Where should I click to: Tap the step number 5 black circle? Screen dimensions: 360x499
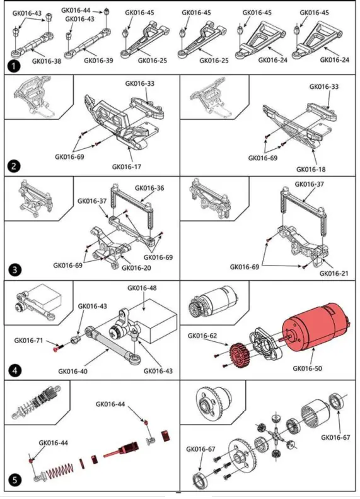click(x=15, y=479)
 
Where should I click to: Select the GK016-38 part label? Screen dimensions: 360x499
click(x=47, y=61)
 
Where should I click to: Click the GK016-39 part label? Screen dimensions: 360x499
click(x=98, y=60)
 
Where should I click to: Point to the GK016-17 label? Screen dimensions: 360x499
click(x=127, y=167)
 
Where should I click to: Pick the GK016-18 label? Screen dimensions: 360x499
click(x=311, y=169)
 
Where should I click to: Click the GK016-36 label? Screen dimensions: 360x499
click(x=149, y=188)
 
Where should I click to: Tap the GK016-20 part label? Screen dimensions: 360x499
click(x=136, y=267)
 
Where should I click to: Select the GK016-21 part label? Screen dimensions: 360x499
click(x=334, y=273)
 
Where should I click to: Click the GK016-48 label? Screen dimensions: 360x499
click(x=142, y=288)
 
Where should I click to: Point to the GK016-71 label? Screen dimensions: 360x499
click(x=28, y=341)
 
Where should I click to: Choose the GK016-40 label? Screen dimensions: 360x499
click(x=73, y=371)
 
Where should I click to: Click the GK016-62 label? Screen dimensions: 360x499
click(x=202, y=336)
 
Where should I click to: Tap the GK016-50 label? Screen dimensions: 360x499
click(x=307, y=368)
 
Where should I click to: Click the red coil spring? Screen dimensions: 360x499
click(x=60, y=471)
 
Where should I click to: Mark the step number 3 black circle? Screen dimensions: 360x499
click(x=15, y=270)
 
